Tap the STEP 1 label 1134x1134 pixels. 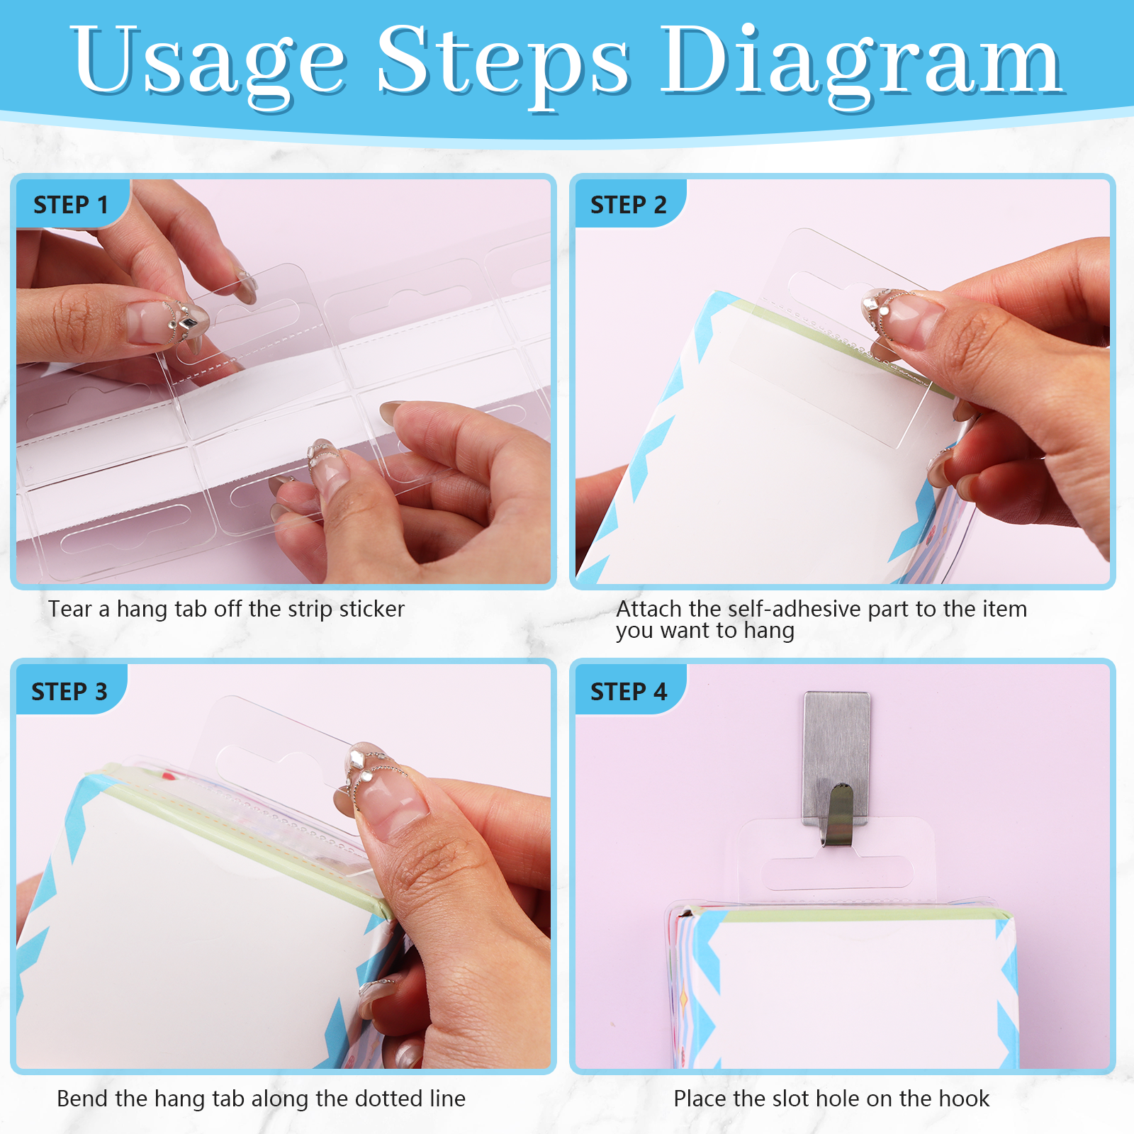(71, 205)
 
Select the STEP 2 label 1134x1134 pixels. (629, 205)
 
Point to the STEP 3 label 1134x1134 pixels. (69, 692)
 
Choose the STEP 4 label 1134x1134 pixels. (629, 692)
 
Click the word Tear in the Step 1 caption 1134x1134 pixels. (70, 609)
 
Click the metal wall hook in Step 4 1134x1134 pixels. (837, 765)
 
